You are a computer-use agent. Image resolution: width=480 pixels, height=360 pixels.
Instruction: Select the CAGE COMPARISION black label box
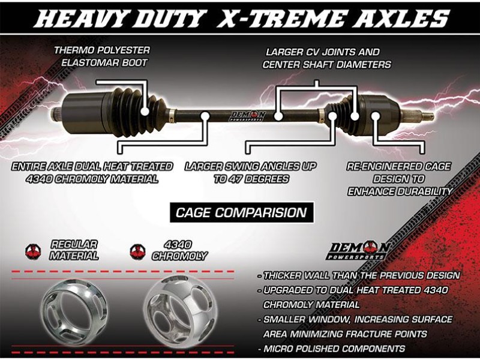(x=242, y=212)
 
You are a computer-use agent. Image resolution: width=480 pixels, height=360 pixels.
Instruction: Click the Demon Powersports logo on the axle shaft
(x=248, y=116)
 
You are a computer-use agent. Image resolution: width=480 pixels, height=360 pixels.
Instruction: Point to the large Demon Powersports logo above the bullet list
(x=358, y=250)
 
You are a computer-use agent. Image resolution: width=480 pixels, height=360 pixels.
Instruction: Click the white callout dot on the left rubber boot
(x=145, y=111)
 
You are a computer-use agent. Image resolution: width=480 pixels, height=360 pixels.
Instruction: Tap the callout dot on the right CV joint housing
(x=376, y=116)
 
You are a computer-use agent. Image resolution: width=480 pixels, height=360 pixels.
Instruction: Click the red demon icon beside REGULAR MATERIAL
(x=34, y=251)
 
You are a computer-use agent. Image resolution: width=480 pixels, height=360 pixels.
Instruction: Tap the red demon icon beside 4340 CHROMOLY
(x=138, y=251)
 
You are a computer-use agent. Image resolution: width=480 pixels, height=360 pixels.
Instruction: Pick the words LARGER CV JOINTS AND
(x=323, y=52)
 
